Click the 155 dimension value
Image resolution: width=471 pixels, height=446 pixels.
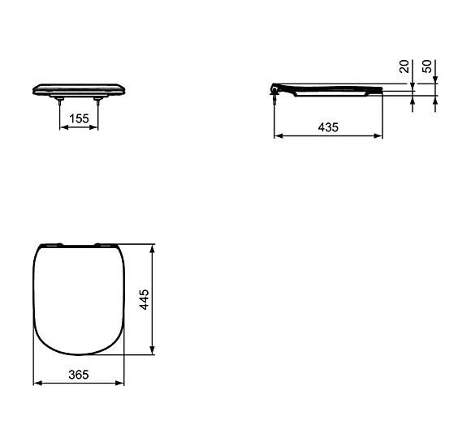tap(79, 119)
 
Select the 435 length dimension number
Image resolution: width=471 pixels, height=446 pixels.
tap(328, 127)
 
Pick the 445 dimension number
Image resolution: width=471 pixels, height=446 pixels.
tap(144, 299)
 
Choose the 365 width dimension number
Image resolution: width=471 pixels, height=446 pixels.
tap(78, 374)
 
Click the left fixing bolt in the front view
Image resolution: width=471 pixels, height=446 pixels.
tap(60, 101)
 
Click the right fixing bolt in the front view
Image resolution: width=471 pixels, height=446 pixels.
tap(98, 101)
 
